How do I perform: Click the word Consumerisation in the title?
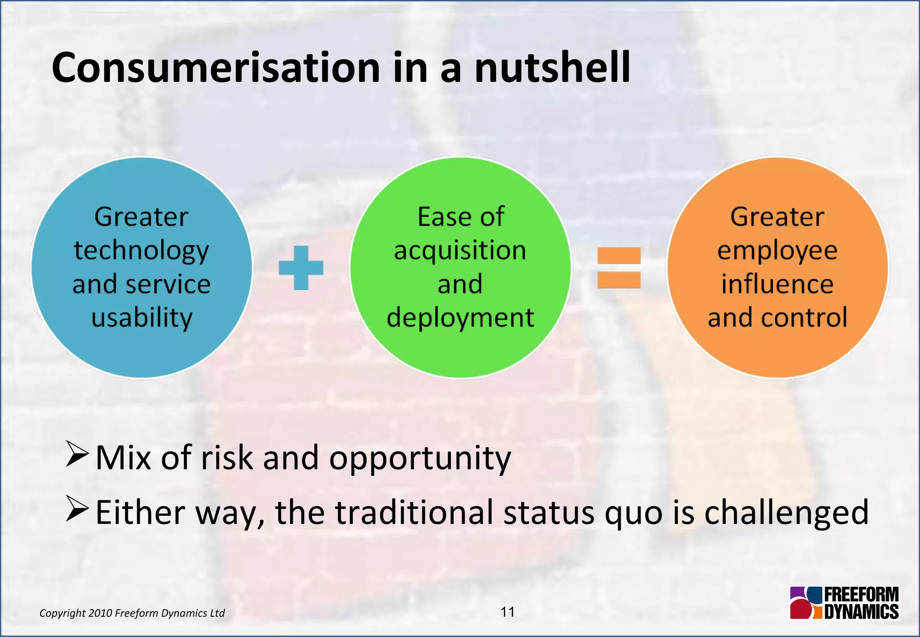click(x=216, y=68)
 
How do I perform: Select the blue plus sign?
click(x=301, y=268)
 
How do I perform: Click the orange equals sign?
click(x=619, y=268)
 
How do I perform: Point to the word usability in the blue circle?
click(x=142, y=318)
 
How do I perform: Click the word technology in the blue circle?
click(x=142, y=251)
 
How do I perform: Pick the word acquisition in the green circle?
click(x=460, y=251)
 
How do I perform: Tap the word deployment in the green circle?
click(x=460, y=318)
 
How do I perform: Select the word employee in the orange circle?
click(x=777, y=251)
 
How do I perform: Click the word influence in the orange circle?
click(x=777, y=284)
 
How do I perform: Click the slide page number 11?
click(x=508, y=612)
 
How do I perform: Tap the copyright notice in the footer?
click(x=132, y=613)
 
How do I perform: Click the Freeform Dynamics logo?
click(x=844, y=603)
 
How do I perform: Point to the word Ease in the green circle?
click(x=438, y=217)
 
